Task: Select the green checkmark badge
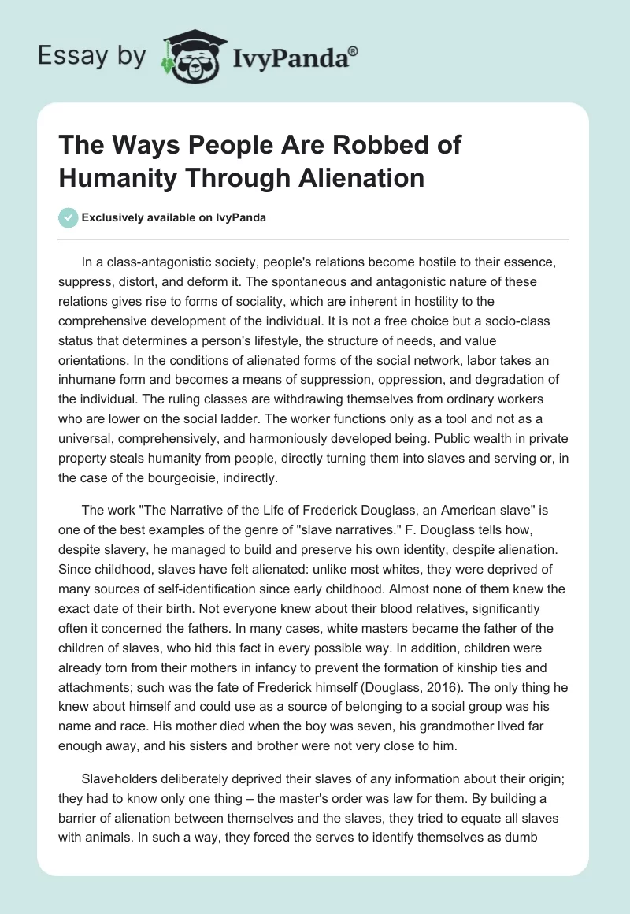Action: point(69,217)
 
